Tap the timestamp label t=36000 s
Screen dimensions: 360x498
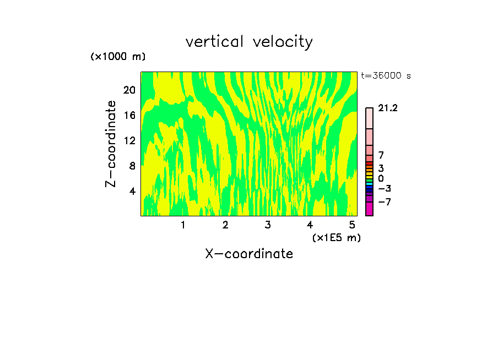[386, 76]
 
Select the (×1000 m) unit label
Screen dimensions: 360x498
[118, 57]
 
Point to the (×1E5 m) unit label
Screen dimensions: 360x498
[336, 237]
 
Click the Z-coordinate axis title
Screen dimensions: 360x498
[111, 143]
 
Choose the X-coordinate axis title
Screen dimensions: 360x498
[249, 254]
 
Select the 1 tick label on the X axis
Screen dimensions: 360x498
[183, 225]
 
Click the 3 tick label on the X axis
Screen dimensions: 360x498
[268, 225]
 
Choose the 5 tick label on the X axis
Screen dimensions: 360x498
[352, 225]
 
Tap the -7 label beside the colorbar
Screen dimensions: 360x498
[385, 202]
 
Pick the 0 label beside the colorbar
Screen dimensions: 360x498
[381, 179]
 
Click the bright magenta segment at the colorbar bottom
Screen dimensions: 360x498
[369, 209]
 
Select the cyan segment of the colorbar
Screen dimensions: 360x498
[369, 184]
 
